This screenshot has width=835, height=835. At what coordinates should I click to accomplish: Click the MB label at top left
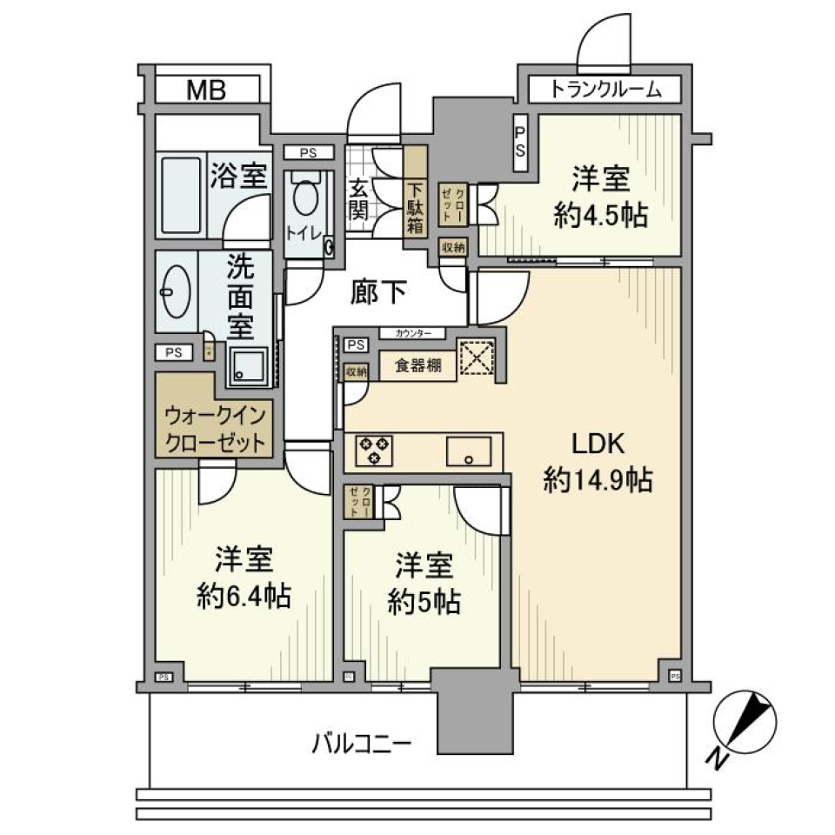click(205, 89)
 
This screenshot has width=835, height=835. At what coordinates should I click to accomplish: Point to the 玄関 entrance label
click(358, 198)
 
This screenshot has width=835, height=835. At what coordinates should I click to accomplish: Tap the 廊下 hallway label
click(378, 293)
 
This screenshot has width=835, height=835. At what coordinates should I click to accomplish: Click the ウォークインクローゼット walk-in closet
click(215, 426)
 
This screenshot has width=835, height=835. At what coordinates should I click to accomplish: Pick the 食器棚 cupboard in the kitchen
click(418, 366)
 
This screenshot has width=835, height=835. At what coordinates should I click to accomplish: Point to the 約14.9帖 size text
click(598, 479)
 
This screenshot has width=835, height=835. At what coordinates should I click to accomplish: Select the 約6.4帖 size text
click(242, 596)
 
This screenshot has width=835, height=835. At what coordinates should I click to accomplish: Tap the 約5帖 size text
click(424, 603)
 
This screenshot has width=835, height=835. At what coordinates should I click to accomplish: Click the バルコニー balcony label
click(362, 744)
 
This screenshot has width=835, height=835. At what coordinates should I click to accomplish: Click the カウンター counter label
click(411, 333)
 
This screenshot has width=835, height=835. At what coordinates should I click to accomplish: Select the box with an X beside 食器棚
click(476, 358)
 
